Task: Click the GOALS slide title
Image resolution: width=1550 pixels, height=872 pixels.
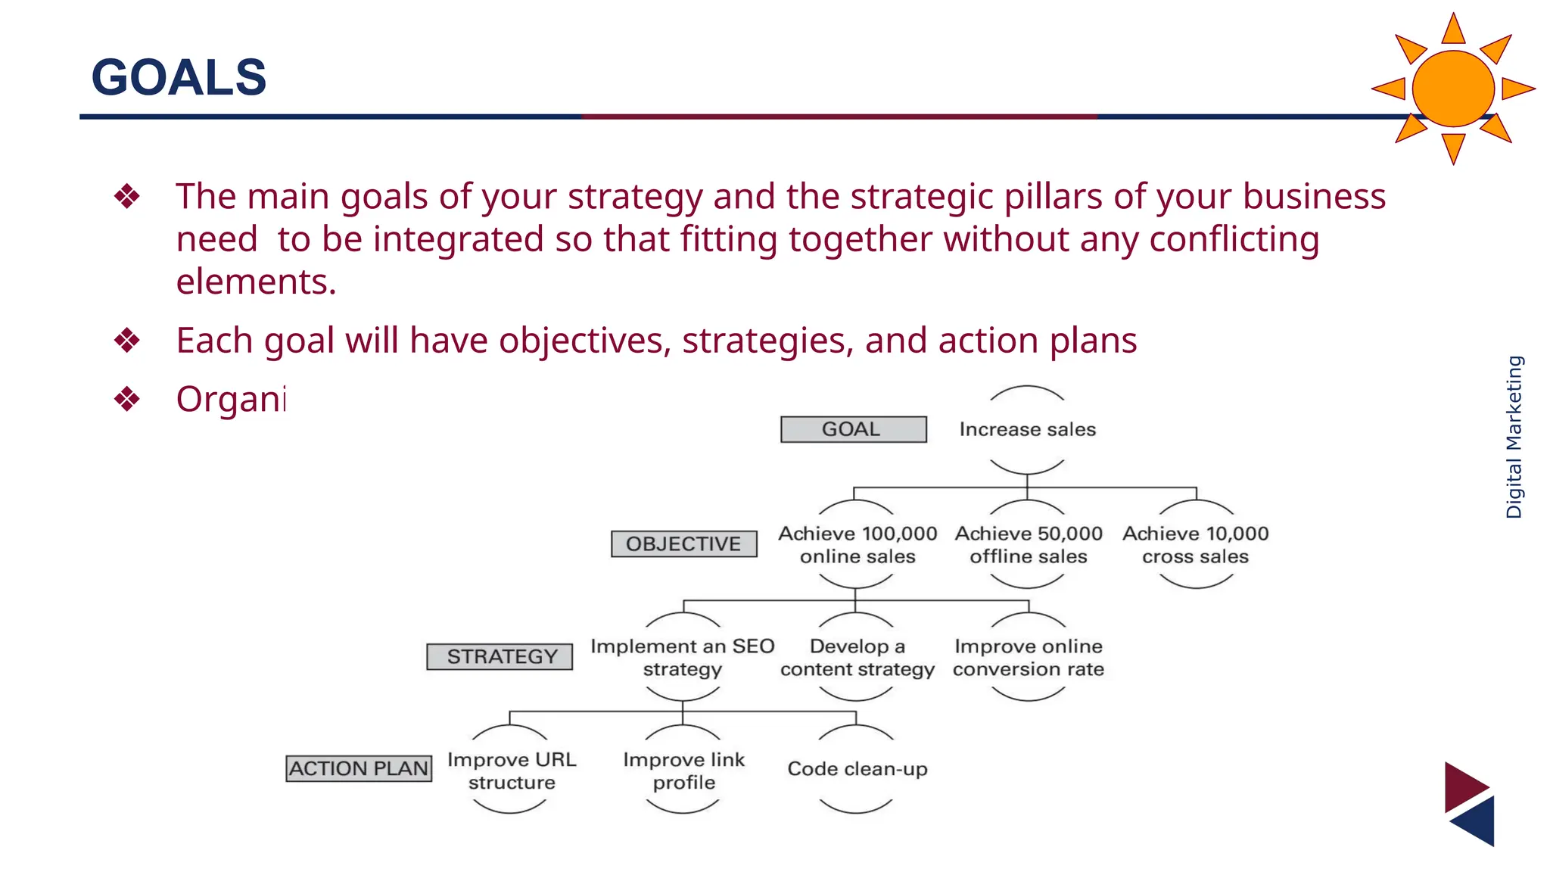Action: [x=179, y=77]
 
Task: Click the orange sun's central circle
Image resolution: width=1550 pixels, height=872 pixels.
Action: [x=1452, y=89]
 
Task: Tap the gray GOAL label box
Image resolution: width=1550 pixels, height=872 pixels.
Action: [x=853, y=429]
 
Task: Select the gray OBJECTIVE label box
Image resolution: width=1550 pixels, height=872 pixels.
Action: [x=683, y=543]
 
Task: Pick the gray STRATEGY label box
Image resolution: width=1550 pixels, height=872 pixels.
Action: [x=500, y=656]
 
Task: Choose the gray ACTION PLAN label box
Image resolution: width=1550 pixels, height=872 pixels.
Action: [x=359, y=768]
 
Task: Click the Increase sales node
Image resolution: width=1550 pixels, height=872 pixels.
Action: [x=1027, y=429]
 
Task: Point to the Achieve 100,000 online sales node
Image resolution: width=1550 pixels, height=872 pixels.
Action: [x=857, y=545]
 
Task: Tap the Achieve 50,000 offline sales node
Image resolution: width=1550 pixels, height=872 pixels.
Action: [x=1028, y=545]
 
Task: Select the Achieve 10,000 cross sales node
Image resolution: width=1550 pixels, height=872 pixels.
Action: [x=1195, y=545]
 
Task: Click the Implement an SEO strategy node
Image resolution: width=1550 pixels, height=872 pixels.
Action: [x=682, y=657]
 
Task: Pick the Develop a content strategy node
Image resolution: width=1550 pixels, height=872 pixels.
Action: [x=857, y=657]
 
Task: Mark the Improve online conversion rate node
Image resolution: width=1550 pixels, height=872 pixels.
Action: [x=1028, y=657]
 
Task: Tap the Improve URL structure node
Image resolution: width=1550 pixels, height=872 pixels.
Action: [x=512, y=771]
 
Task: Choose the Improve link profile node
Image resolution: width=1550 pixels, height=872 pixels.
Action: [x=683, y=771]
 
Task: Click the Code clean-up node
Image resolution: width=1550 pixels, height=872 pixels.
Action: [x=857, y=769]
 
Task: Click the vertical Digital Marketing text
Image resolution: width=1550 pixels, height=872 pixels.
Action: [x=1514, y=437]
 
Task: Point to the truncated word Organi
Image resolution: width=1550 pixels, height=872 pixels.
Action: [x=230, y=399]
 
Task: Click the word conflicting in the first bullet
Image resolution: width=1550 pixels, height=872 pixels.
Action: [x=1234, y=239]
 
